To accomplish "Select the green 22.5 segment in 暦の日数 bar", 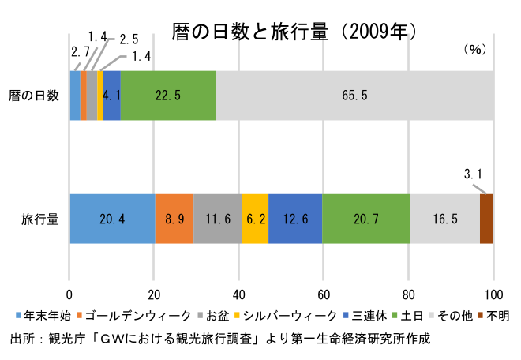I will coord(168,96).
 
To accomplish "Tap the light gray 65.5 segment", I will coord(355,96).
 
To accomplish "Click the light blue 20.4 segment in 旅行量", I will coord(112,219).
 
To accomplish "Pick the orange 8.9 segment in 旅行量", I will coord(174,219).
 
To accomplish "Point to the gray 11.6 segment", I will coord(218,219).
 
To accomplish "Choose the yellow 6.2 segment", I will coord(255,219).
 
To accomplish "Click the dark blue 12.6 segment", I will coord(295,219).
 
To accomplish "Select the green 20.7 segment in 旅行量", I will coord(365,219).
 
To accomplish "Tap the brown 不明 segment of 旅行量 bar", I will coord(486,219).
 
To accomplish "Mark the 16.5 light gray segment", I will coord(444,219).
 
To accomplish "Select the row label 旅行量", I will coord(39,219).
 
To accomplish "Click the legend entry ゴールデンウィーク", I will coord(134,316).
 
